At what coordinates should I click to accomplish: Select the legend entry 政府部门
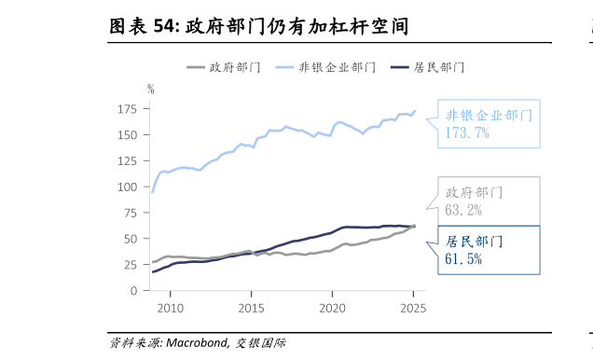click(234, 67)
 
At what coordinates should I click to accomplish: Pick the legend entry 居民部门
click(438, 67)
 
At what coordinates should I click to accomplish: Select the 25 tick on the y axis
click(130, 265)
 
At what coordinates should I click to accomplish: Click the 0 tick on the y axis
click(133, 291)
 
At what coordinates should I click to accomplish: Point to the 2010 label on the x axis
click(170, 308)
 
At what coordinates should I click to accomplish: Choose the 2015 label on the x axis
click(251, 308)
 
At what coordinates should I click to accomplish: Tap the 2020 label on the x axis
click(333, 308)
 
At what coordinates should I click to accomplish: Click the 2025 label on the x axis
click(413, 308)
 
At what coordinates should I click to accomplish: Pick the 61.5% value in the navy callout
click(463, 259)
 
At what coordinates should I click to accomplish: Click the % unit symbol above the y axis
click(151, 89)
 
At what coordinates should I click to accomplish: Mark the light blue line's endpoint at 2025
click(415, 110)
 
